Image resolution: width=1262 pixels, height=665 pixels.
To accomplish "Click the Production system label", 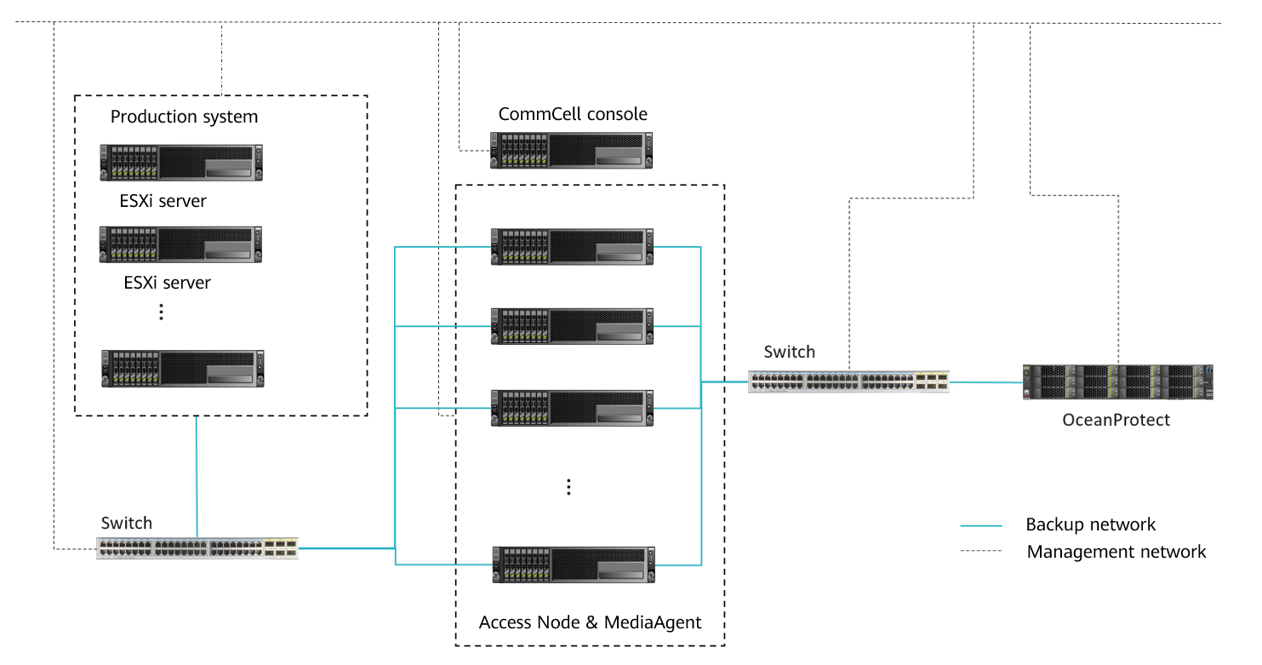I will pos(184,117).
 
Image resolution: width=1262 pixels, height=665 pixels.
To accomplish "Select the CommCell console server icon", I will pos(572,150).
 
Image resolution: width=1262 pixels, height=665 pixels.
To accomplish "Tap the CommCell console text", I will pos(573,114).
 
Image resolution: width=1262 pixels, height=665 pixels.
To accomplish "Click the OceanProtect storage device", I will pos(1117,382).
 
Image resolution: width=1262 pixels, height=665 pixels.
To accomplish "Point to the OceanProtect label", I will pos(1116,420).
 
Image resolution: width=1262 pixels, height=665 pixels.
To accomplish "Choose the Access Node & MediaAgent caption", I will pos(590,622).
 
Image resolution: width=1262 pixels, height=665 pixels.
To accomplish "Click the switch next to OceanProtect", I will pos(848,381).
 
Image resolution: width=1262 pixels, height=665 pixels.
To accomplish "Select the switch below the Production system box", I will pos(197,547).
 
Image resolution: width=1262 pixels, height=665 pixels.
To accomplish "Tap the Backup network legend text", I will pos(1090,525).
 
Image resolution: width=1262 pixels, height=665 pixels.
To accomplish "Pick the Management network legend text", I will pos(1116,552).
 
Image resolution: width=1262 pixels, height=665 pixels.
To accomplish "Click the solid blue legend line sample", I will pos(981,525).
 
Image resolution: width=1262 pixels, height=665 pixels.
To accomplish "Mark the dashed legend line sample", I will pos(981,552).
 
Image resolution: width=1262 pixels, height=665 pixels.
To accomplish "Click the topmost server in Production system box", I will pos(181,163).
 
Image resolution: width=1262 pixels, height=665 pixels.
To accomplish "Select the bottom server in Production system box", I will pos(182,368).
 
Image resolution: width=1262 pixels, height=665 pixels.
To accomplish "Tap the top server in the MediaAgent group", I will pos(572,246).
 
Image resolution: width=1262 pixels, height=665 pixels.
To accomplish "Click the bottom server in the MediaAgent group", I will pos(573,565).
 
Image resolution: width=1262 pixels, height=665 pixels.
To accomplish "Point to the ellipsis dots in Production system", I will pos(162,312).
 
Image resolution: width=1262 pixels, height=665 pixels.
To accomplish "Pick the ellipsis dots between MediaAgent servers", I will pos(568,487).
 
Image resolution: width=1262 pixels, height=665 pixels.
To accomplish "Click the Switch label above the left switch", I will pos(126,523).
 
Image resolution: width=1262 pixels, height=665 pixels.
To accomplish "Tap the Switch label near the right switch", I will pos(789,352).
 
